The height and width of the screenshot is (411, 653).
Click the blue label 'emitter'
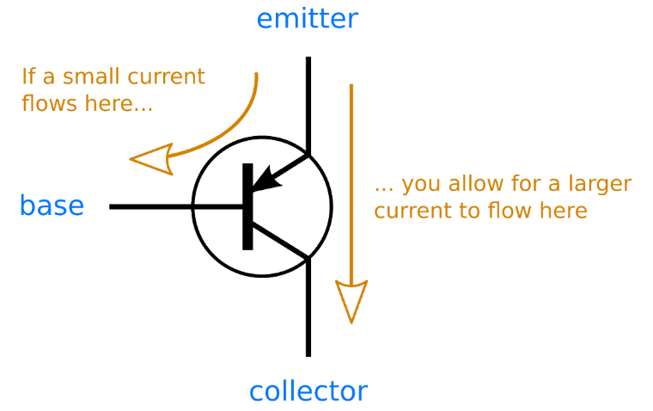pyautogui.click(x=307, y=18)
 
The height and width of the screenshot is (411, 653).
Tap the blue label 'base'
pyautogui.click(x=52, y=206)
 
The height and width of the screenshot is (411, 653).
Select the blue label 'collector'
pyautogui.click(x=308, y=391)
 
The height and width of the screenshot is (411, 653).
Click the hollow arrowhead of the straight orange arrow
pyautogui.click(x=351, y=301)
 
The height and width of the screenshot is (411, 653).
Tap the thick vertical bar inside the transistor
pyautogui.click(x=248, y=206)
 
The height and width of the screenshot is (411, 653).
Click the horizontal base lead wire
pyautogui.click(x=155, y=206)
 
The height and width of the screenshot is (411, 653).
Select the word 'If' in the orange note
pyautogui.click(x=27, y=77)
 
